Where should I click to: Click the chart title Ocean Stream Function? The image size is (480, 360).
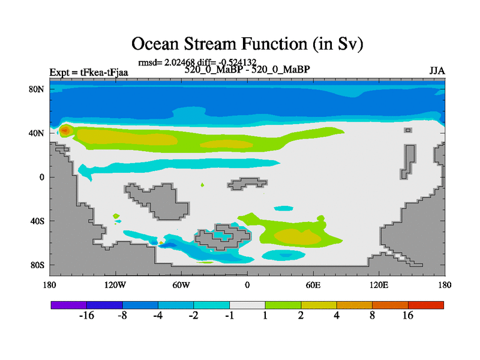pyautogui.click(x=247, y=44)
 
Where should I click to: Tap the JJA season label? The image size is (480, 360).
pyautogui.click(x=437, y=71)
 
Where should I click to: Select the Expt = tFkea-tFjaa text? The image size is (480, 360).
pyautogui.click(x=89, y=73)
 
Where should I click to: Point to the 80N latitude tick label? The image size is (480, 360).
pyautogui.click(x=37, y=89)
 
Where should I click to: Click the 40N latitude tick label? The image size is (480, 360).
pyautogui.click(x=37, y=133)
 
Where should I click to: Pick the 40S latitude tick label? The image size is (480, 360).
pyautogui.click(x=37, y=221)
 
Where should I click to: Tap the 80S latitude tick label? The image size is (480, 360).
pyautogui.click(x=37, y=265)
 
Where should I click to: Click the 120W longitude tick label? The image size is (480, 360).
pyautogui.click(x=115, y=286)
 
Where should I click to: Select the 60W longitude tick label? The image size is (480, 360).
pyautogui.click(x=181, y=286)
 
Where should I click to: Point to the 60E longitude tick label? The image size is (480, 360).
pyautogui.click(x=313, y=286)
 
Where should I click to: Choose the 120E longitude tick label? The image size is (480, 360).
pyautogui.click(x=379, y=286)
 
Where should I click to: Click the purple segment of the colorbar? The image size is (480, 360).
pyautogui.click(x=69, y=305)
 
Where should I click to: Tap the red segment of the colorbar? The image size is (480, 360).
pyautogui.click(x=426, y=305)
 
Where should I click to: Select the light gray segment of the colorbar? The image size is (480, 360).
pyautogui.click(x=247, y=305)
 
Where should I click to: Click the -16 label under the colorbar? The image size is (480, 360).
pyautogui.click(x=86, y=316)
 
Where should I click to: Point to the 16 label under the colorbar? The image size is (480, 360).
pyautogui.click(x=408, y=316)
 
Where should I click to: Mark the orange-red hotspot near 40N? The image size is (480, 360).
pyautogui.click(x=65, y=131)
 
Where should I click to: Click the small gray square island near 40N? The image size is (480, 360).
pyautogui.click(x=408, y=130)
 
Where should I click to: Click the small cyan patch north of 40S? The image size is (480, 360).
pyautogui.click(x=283, y=208)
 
